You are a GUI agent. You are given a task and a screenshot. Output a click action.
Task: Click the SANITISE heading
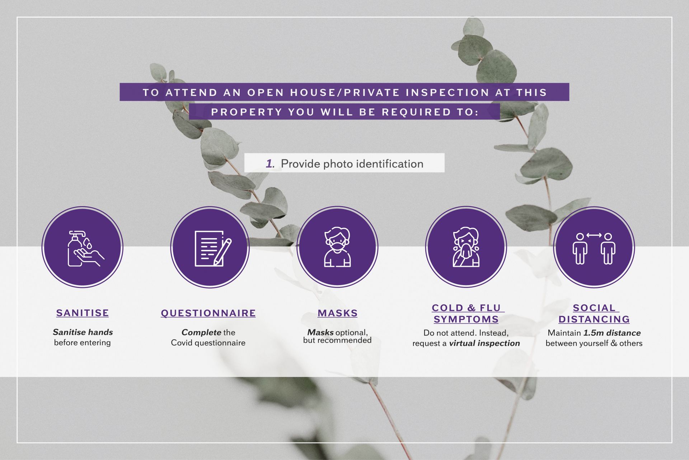pyautogui.click(x=83, y=313)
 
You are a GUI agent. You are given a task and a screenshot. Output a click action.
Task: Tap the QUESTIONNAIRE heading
pyautogui.click(x=208, y=313)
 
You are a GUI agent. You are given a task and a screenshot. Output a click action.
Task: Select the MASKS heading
pyautogui.click(x=338, y=313)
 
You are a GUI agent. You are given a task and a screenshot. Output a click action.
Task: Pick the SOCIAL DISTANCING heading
pyautogui.click(x=594, y=313)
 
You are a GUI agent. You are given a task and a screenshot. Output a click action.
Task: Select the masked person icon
pyautogui.click(x=337, y=247)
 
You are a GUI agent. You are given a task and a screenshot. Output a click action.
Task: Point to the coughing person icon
pyautogui.click(x=466, y=247)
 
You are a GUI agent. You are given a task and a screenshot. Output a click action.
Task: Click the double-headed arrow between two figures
pyautogui.click(x=594, y=235)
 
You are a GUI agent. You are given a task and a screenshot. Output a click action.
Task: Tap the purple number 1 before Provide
pyautogui.click(x=270, y=164)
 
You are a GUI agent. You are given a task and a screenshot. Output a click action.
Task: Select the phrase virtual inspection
pyautogui.click(x=484, y=343)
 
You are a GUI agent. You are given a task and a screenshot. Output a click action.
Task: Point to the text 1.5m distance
pyautogui.click(x=612, y=333)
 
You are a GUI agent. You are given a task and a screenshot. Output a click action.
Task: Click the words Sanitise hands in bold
pyautogui.click(x=83, y=332)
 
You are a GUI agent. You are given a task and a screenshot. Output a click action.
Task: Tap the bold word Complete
pyautogui.click(x=201, y=333)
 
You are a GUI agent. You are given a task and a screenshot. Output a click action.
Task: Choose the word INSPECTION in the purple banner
pyautogui.click(x=448, y=93)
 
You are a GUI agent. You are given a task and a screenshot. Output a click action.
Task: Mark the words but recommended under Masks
pyautogui.click(x=337, y=340)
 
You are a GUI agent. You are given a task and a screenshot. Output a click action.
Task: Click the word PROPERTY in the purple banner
pyautogui.click(x=247, y=112)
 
